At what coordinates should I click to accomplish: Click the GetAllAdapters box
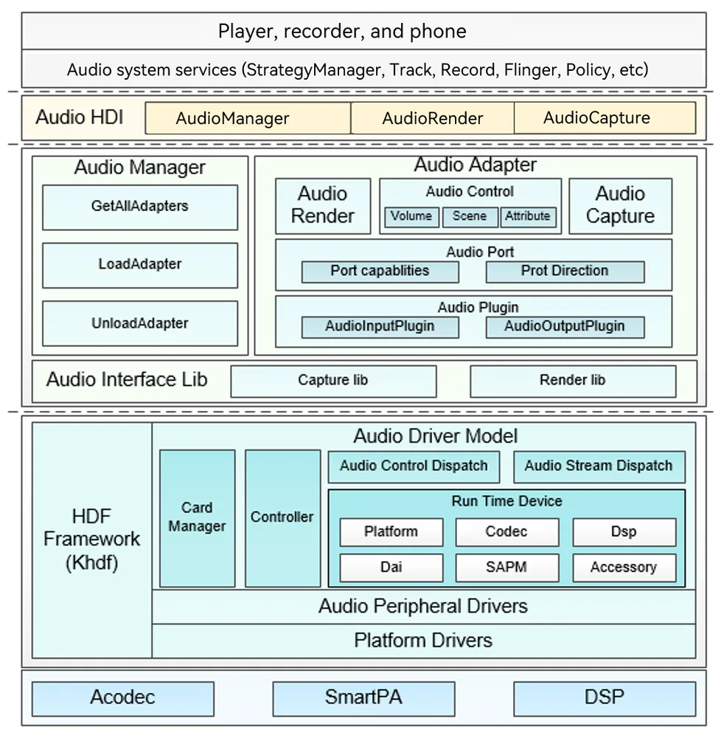point(140,207)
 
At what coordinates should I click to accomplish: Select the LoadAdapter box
point(140,266)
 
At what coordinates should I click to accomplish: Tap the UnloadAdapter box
point(140,324)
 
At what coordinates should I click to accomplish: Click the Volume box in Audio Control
point(412,217)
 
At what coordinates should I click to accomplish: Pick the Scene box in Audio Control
point(470,217)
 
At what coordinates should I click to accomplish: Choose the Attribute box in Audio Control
point(529,217)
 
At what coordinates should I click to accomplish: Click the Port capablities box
point(380,272)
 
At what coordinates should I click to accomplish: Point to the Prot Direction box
point(565,272)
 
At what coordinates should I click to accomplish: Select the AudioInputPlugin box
point(380,327)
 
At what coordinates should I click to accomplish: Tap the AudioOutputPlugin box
point(565,327)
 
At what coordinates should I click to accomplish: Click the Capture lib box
point(333,382)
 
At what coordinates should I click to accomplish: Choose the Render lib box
point(573,382)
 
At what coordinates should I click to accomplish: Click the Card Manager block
point(198,518)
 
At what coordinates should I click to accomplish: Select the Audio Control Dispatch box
point(414,467)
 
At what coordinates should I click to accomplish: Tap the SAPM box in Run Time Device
point(507,568)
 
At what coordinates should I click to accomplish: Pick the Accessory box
point(624,568)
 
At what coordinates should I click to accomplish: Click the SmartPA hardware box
point(364,699)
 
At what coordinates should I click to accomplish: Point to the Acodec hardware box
point(123,699)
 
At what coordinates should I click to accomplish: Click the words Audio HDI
point(80,117)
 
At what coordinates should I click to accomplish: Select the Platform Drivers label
point(423,641)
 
